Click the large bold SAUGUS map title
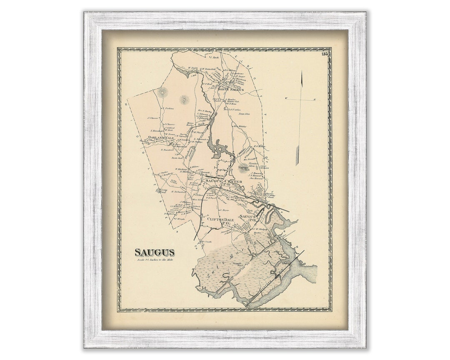pyautogui.click(x=154, y=252)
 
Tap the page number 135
pyautogui.click(x=325, y=54)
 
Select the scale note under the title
pyautogui.click(x=154, y=260)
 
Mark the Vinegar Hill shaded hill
pyautogui.click(x=243, y=169)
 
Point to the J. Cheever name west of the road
pyautogui.click(x=153, y=118)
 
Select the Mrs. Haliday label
pyautogui.click(x=240, y=126)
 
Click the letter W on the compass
pyautogui.click(x=287, y=98)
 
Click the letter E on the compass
pyautogui.click(x=314, y=100)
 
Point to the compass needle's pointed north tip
pyautogui.click(x=302, y=72)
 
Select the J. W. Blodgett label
pyautogui.click(x=259, y=229)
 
